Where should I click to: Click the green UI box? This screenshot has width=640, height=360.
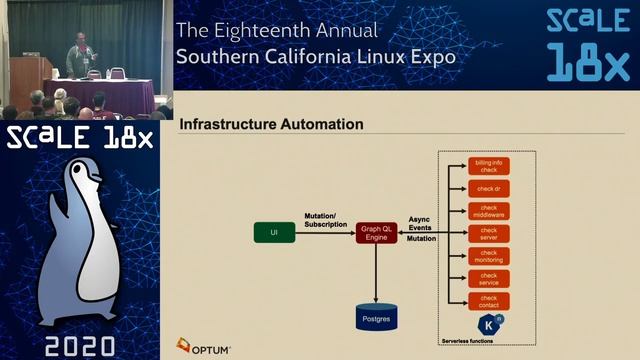click(x=274, y=232)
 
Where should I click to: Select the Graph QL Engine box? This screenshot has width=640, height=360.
click(x=376, y=232)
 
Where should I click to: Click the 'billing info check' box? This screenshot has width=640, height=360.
click(x=489, y=165)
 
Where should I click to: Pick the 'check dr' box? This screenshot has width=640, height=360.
click(x=489, y=188)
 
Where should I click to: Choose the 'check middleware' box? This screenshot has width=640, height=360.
click(x=489, y=210)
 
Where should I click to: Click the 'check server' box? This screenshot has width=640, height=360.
click(x=489, y=233)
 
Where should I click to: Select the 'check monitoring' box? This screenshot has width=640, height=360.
click(x=489, y=256)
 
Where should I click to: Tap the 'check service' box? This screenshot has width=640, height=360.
click(x=489, y=278)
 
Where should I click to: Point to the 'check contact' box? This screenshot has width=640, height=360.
click(x=489, y=300)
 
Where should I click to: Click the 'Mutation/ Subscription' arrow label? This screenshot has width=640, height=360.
click(x=325, y=219)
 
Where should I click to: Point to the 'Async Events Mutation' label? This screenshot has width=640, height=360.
click(x=421, y=228)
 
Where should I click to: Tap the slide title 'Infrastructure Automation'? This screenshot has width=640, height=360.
click(x=270, y=125)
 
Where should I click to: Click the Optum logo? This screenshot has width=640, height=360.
click(x=204, y=347)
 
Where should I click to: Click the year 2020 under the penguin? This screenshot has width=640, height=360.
click(x=81, y=345)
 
